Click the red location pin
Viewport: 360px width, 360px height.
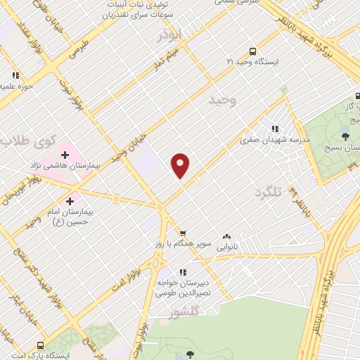181,165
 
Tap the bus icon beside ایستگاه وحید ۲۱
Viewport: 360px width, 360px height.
252,51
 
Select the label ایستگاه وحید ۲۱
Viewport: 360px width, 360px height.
252,63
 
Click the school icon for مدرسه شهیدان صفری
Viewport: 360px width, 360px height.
275,129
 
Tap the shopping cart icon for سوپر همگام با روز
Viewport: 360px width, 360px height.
183,233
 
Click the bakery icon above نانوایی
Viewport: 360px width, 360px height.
226,237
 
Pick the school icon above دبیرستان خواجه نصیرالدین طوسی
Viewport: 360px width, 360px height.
183,271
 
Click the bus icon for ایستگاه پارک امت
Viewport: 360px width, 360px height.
39,345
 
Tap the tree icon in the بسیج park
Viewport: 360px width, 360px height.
345,136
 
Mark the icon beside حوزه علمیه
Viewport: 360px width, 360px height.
15,75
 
